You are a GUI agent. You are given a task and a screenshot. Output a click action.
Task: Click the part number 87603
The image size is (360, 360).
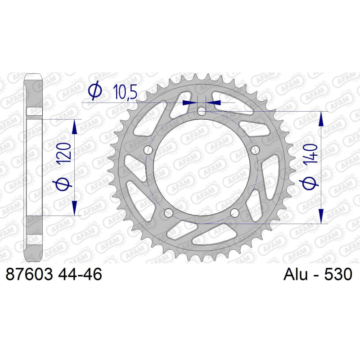pyautogui.click(x=29, y=274)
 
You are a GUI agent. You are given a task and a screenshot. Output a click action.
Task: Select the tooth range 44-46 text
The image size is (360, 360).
pyautogui.click(x=80, y=274)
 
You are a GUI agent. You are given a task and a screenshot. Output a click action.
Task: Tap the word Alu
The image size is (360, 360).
pyautogui.click(x=295, y=274)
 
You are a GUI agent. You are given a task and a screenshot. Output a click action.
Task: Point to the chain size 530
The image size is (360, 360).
pyautogui.click(x=338, y=274)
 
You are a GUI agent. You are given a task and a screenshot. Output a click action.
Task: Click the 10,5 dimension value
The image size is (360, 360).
pyautogui.click(x=126, y=92)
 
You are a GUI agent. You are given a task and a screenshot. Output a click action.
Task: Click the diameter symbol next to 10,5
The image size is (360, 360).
pyautogui.click(x=95, y=90)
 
